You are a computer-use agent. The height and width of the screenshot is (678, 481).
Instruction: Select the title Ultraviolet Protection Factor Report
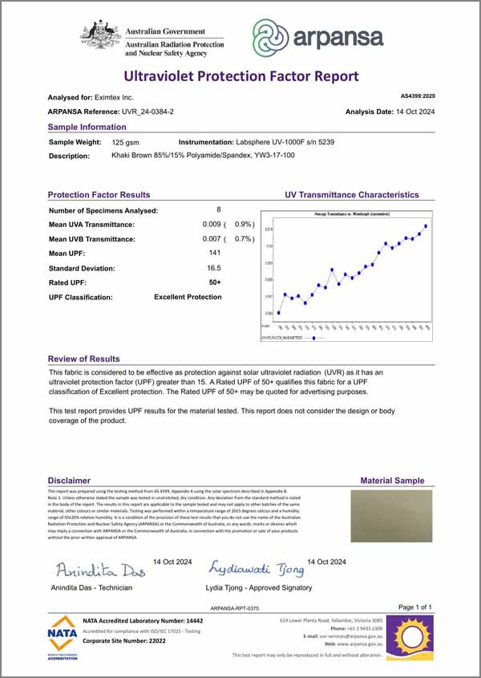240,77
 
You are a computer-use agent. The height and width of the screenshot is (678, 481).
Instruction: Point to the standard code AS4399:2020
418,96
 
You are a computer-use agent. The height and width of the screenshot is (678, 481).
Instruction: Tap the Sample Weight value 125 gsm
127,141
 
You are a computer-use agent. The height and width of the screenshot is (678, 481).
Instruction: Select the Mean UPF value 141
214,253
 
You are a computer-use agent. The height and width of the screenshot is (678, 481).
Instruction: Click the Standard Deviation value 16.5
214,267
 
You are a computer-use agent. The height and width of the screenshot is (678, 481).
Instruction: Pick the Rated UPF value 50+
215,282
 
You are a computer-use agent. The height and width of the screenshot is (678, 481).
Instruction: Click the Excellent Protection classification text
188,297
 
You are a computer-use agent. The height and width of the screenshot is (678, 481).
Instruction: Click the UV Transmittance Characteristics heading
351,194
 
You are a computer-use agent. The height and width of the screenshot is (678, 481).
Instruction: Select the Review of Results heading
84,359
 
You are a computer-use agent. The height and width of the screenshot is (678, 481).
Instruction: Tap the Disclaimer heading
68,481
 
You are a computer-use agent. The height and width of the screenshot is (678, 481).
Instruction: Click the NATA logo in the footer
63,638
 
